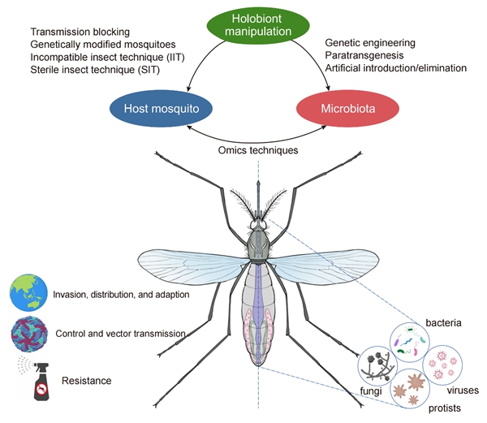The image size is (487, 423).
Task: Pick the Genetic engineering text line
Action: pyautogui.click(x=370, y=41)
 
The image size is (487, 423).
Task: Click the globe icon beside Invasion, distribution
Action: pyautogui.click(x=26, y=294)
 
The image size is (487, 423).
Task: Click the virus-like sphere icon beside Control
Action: pyautogui.click(x=26, y=334)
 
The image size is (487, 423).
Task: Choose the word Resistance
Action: pyautogui.click(x=84, y=379)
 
